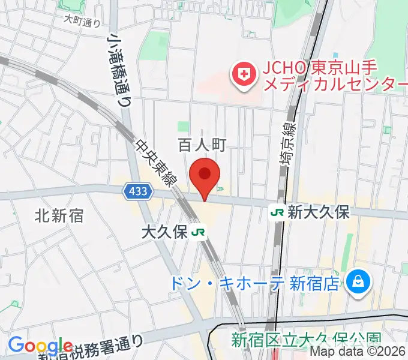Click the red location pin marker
[x=205, y=175]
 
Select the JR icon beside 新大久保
[x=277, y=212]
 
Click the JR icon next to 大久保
[x=199, y=232]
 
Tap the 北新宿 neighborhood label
[x=58, y=214]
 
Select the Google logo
[x=40, y=346]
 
